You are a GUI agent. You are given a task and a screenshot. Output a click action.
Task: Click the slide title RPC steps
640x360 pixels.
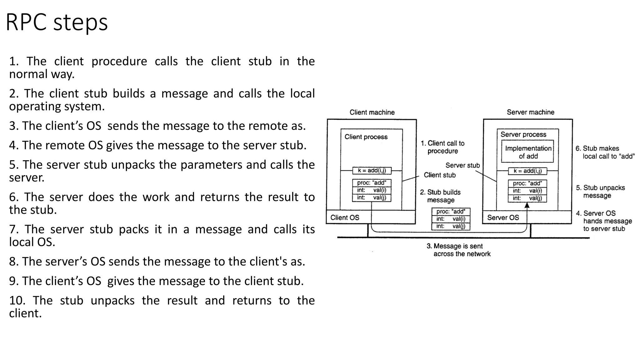57,22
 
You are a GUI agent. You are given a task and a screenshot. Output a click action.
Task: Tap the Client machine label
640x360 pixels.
372,112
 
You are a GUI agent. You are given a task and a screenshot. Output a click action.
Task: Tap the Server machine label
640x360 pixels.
530,112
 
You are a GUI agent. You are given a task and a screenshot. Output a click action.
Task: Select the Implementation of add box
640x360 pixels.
527,152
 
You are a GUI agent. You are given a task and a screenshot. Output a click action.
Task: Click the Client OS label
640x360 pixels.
345,217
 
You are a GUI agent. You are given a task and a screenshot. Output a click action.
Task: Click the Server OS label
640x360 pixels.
503,217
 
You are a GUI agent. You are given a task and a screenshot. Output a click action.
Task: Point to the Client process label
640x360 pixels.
366,137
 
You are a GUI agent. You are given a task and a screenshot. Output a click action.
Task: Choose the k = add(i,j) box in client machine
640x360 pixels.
372,171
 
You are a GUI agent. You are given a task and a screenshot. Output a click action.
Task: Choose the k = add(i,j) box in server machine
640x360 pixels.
527,171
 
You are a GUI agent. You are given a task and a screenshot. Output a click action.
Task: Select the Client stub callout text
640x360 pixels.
439,175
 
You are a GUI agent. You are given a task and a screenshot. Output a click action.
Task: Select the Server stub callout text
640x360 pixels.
462,165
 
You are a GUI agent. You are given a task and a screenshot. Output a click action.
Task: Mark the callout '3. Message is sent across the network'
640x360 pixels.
458,250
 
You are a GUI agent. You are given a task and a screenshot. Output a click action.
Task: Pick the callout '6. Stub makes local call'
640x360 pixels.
605,152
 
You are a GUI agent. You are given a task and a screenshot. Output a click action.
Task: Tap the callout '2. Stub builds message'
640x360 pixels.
440,196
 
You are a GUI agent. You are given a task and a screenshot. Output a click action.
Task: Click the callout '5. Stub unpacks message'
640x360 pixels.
600,192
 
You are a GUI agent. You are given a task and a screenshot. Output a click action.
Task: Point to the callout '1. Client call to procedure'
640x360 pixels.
442,147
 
